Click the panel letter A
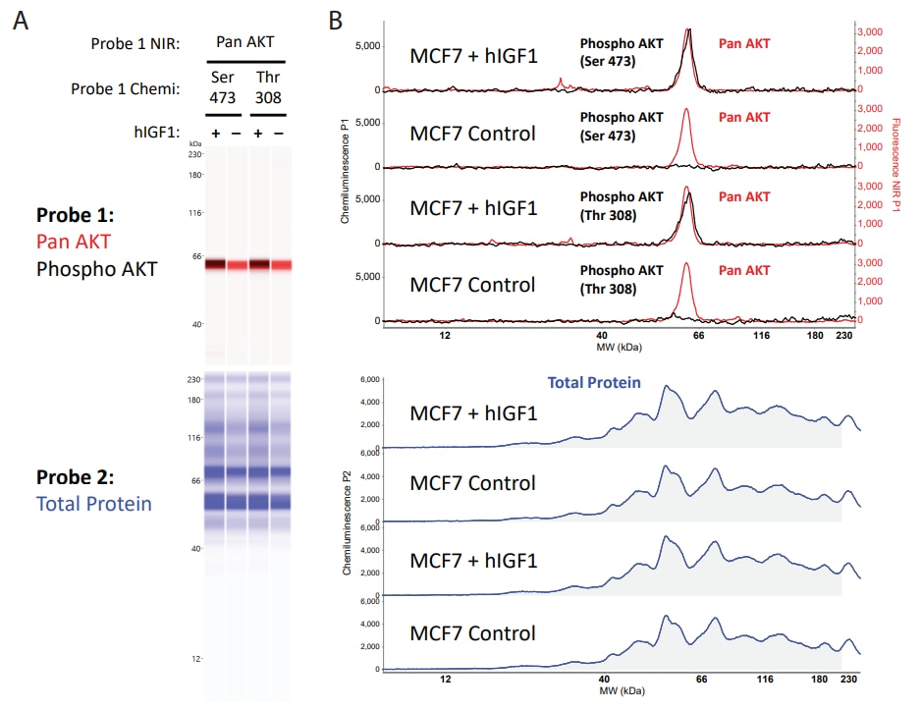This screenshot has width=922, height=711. click(19, 19)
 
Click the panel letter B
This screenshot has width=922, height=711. click(336, 19)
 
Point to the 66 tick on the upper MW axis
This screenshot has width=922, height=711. click(698, 336)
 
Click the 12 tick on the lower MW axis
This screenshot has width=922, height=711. click(445, 679)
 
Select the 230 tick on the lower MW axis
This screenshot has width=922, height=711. click(850, 679)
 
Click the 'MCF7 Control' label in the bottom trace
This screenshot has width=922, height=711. click(473, 632)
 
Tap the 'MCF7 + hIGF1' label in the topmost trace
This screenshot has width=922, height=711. click(473, 56)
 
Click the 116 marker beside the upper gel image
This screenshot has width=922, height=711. click(195, 212)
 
